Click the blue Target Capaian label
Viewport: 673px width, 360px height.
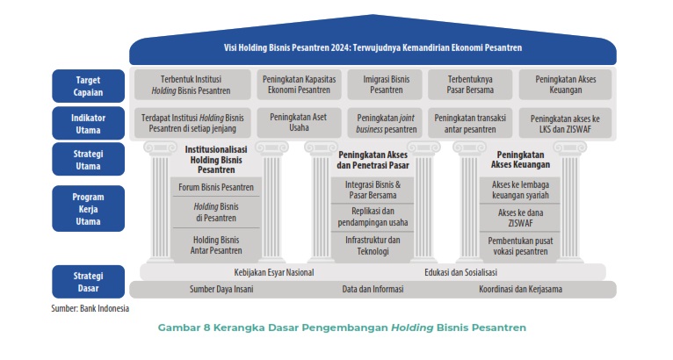click(88, 84)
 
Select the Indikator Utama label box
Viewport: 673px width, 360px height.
click(88, 122)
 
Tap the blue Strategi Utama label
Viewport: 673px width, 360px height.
click(88, 159)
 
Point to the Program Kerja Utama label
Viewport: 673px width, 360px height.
click(88, 208)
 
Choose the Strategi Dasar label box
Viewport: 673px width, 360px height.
click(88, 280)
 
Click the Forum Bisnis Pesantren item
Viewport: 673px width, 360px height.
click(216, 187)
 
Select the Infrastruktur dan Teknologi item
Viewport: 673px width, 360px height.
click(373, 245)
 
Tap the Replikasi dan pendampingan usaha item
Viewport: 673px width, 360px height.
click(373, 216)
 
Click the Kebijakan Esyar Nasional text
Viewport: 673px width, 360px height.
click(273, 271)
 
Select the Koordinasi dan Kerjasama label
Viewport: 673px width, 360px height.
click(520, 289)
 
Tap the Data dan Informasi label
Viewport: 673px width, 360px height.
click(373, 289)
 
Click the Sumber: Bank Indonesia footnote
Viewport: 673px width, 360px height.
click(90, 308)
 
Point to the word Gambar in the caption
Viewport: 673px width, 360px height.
click(175, 328)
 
